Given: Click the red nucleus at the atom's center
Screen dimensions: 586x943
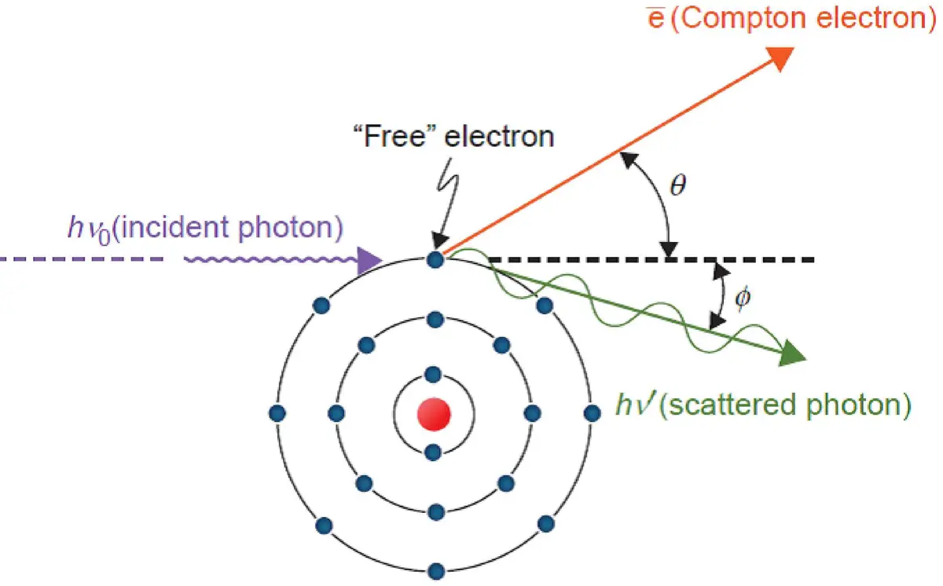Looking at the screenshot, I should [433, 413].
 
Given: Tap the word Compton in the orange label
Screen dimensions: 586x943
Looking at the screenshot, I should [740, 17].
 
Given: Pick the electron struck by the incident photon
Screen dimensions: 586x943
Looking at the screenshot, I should [434, 258].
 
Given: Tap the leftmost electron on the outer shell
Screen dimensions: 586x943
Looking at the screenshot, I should [276, 412].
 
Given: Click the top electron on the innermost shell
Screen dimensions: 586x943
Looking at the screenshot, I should [431, 373].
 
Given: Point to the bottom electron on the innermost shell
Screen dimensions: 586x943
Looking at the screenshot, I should [431, 452].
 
